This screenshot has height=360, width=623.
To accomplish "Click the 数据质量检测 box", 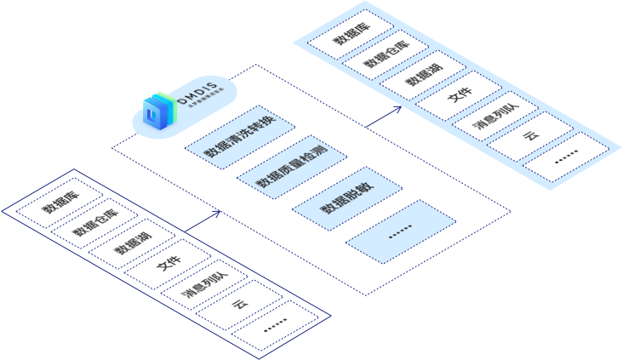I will [290, 167].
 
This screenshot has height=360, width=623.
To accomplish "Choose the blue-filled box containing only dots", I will [401, 230].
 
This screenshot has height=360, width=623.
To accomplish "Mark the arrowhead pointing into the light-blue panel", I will [400, 109].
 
